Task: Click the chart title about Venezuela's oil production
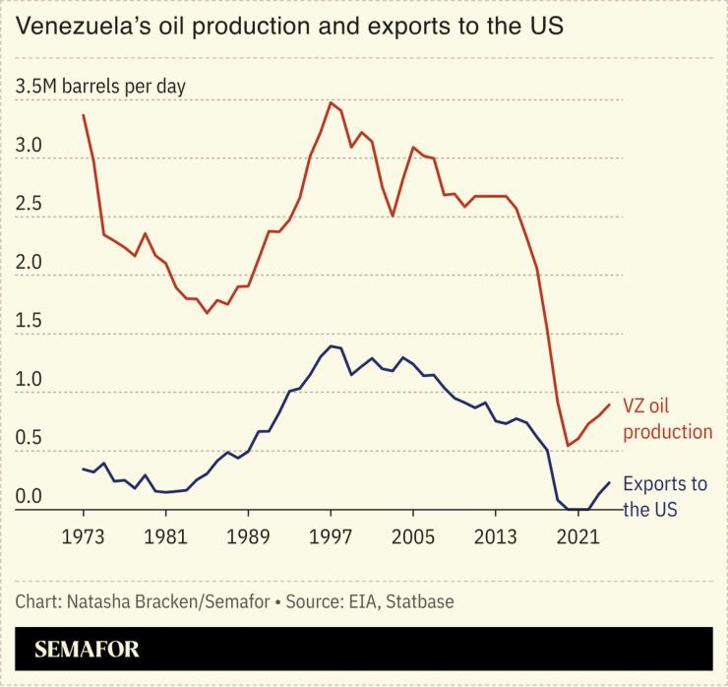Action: (289, 27)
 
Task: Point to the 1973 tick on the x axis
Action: (84, 536)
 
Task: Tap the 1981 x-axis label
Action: (166, 536)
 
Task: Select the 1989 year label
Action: (249, 536)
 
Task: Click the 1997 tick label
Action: (332, 536)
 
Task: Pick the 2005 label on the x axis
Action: (413, 536)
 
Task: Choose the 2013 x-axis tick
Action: (496, 536)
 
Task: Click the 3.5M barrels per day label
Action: (100, 87)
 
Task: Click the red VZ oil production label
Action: (667, 417)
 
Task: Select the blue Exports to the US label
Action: (665, 496)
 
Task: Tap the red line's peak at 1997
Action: (331, 102)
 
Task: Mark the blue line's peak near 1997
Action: (332, 345)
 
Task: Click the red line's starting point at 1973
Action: (83, 115)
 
